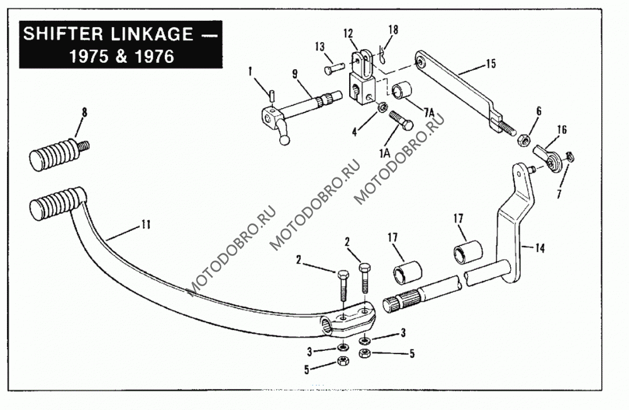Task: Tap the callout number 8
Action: click(x=85, y=113)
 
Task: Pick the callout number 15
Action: click(x=491, y=64)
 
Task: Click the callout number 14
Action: click(x=540, y=248)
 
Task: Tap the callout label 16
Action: click(x=562, y=130)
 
